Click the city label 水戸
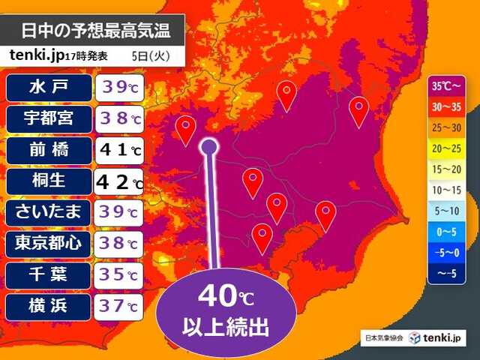coord(49,87)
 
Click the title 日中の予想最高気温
coord(94,31)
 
